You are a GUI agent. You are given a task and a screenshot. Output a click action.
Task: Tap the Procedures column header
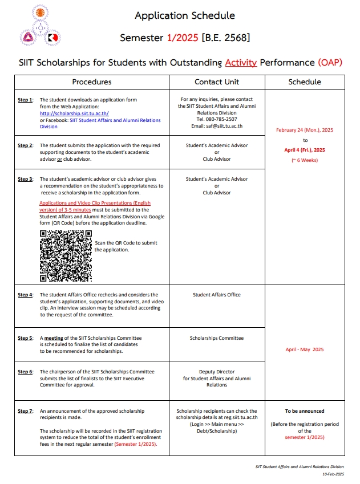click(92, 82)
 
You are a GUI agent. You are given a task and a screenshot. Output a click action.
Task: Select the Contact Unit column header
click(217, 82)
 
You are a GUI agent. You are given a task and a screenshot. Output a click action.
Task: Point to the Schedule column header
click(305, 82)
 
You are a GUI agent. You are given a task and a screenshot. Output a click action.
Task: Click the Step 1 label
click(26, 100)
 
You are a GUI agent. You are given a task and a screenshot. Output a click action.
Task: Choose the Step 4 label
click(26, 295)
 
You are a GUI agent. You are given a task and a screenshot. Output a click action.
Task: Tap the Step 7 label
click(26, 411)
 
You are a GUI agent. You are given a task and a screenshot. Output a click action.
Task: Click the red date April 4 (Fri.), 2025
click(305, 150)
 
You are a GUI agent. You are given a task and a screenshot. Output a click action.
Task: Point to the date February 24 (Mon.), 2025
click(305, 130)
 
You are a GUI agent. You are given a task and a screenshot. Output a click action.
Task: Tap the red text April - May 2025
click(305, 349)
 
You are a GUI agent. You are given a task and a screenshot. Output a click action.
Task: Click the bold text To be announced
click(305, 411)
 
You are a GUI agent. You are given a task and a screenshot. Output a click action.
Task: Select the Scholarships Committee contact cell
click(217, 338)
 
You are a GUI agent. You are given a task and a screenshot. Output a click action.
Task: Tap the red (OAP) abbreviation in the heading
click(330, 62)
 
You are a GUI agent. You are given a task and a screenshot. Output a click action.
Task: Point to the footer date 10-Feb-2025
click(333, 474)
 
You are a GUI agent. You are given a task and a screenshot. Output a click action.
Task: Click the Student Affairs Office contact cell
click(217, 295)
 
